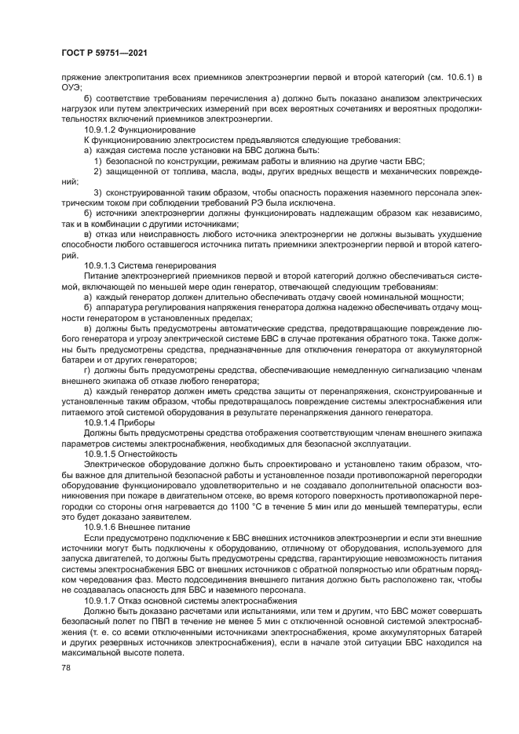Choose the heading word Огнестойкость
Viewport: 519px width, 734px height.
click(x=148, y=454)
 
